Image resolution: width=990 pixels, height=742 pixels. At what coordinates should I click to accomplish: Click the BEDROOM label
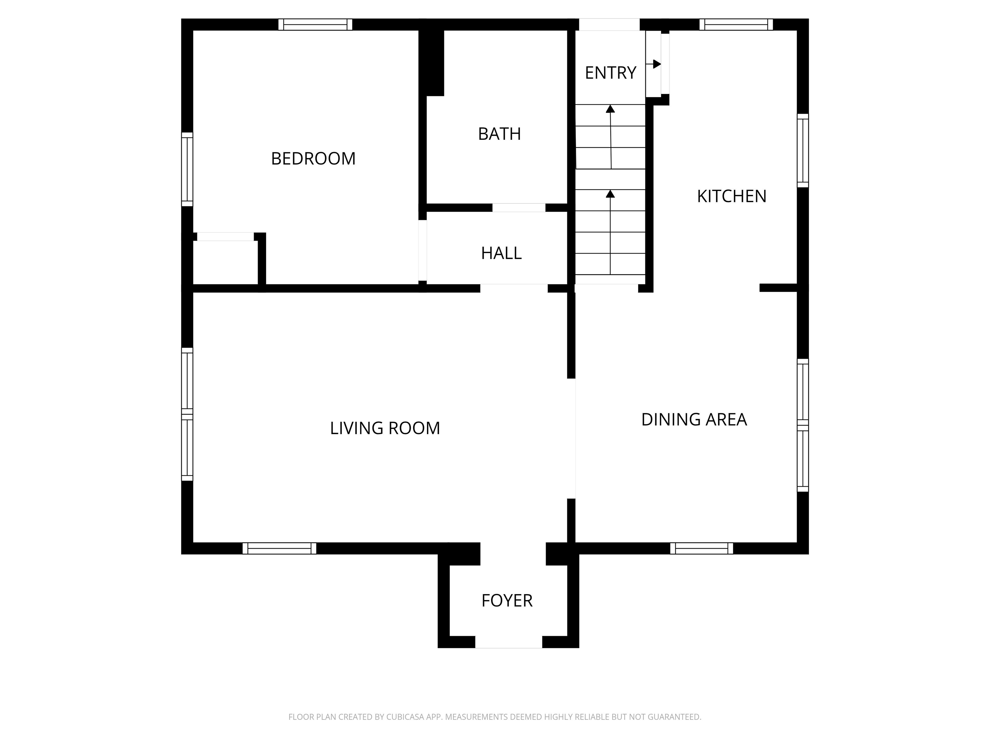tap(313, 159)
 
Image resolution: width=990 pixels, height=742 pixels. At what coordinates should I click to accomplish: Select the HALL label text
tap(501, 253)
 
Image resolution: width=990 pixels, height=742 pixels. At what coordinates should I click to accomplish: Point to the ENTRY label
tap(610, 73)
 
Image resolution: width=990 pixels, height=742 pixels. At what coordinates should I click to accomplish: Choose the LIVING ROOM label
tap(385, 428)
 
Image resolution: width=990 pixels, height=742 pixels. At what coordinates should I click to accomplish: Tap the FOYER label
tap(507, 601)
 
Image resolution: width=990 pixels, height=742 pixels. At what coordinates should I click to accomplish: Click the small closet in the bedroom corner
tap(226, 262)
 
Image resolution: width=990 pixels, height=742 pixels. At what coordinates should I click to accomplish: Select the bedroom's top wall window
tap(315, 24)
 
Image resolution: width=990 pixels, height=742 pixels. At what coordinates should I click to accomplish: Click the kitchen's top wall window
tap(736, 24)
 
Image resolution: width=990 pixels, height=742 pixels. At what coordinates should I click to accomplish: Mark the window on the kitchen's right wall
tap(803, 151)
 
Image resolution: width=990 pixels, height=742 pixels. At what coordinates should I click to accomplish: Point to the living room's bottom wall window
tap(279, 548)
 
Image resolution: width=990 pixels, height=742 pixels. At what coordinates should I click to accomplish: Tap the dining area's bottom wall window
tap(701, 548)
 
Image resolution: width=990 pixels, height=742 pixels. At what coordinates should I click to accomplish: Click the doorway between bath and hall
tap(519, 207)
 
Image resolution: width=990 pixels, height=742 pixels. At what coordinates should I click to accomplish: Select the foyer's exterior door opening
tap(509, 642)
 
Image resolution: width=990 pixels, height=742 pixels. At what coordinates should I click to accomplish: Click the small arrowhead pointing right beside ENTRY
tap(657, 64)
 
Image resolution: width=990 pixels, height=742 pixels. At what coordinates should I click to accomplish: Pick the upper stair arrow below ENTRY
tap(610, 137)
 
